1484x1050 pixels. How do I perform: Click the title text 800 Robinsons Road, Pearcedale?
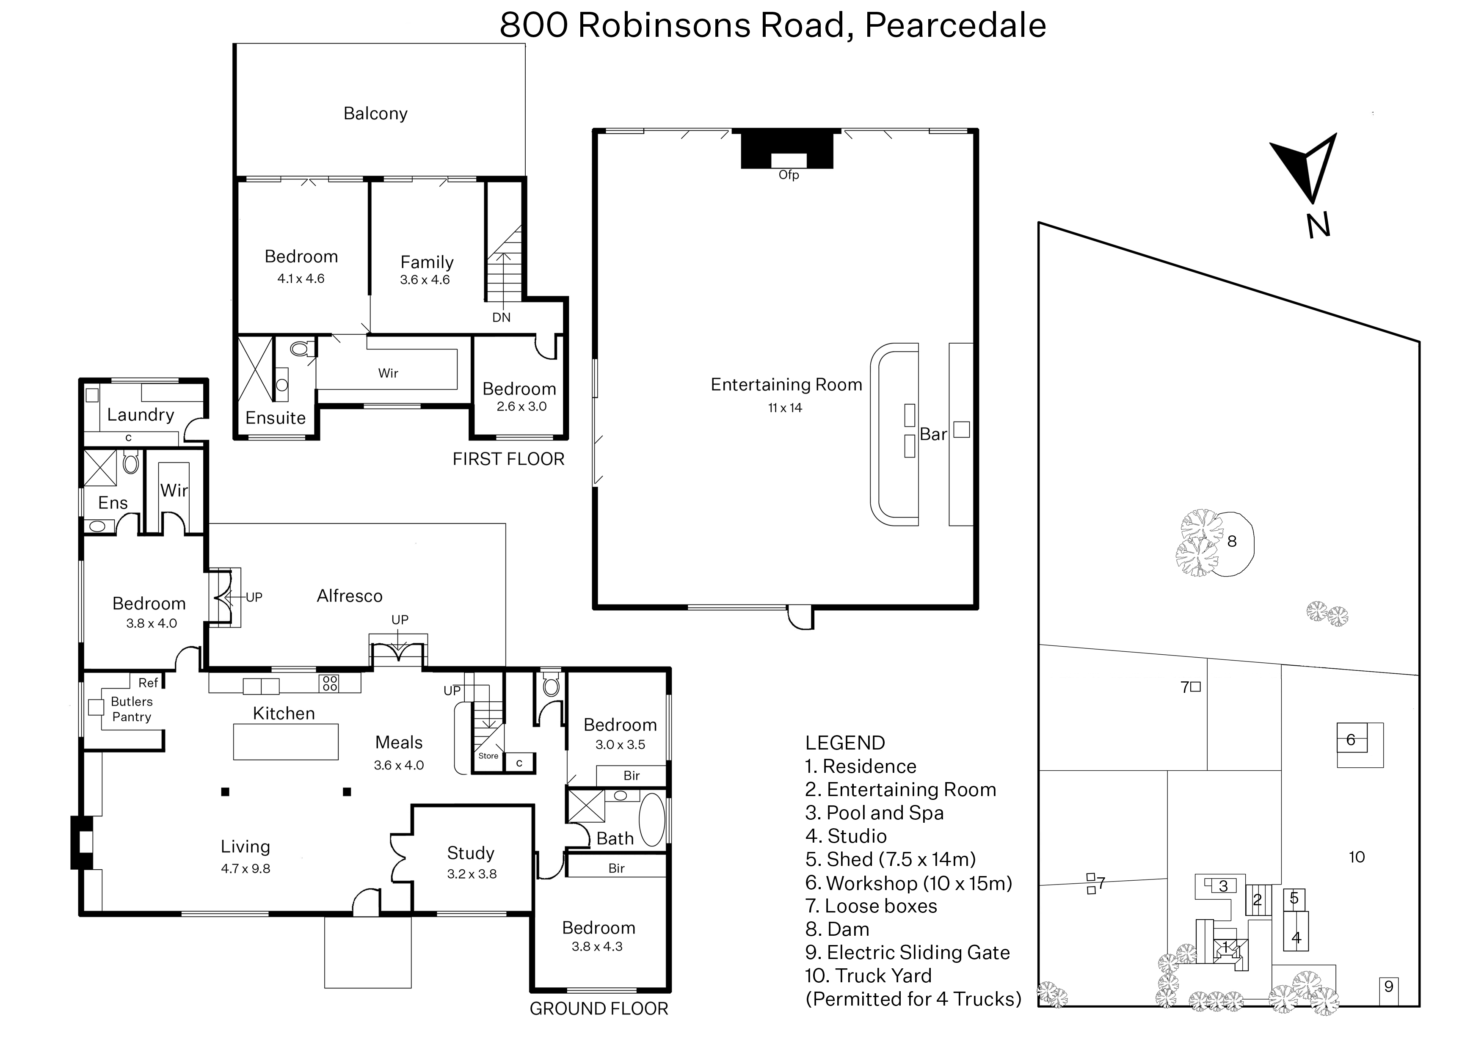pos(773,26)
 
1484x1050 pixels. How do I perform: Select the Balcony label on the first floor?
pos(376,114)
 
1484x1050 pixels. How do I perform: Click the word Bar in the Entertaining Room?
pos(933,435)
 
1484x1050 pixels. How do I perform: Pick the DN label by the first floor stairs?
pos(501,317)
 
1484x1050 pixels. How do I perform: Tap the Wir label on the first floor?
pos(388,373)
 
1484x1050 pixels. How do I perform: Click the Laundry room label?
pos(141,415)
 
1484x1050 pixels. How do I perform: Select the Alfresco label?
pos(349,596)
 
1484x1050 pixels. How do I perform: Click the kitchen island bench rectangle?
pos(286,741)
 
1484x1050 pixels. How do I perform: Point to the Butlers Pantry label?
pos(132,709)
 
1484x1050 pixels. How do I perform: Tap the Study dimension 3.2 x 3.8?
pos(472,874)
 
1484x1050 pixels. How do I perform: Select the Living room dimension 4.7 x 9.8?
pos(246,869)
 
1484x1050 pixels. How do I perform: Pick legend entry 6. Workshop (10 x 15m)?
pos(908,883)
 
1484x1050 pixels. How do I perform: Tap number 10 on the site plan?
pos(1357,857)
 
